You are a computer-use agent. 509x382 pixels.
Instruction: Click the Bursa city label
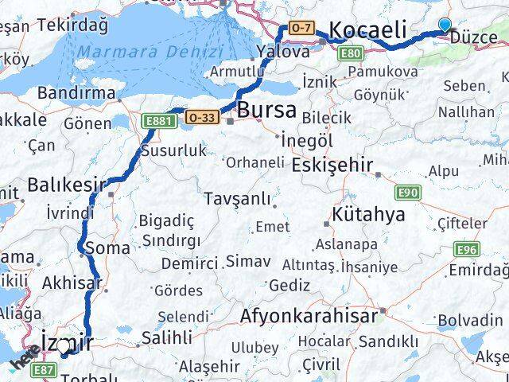[x=266, y=109]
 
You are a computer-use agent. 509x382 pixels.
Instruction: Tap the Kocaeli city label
[x=368, y=30]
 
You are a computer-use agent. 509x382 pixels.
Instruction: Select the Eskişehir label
[x=332, y=165]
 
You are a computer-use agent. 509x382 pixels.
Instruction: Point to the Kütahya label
[x=368, y=214]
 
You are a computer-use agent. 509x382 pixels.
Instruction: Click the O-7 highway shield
[x=301, y=29]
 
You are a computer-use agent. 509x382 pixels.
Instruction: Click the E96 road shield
[x=467, y=250]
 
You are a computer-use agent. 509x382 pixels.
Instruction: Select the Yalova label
[x=283, y=52]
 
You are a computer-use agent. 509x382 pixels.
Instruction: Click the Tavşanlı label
[x=236, y=199]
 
